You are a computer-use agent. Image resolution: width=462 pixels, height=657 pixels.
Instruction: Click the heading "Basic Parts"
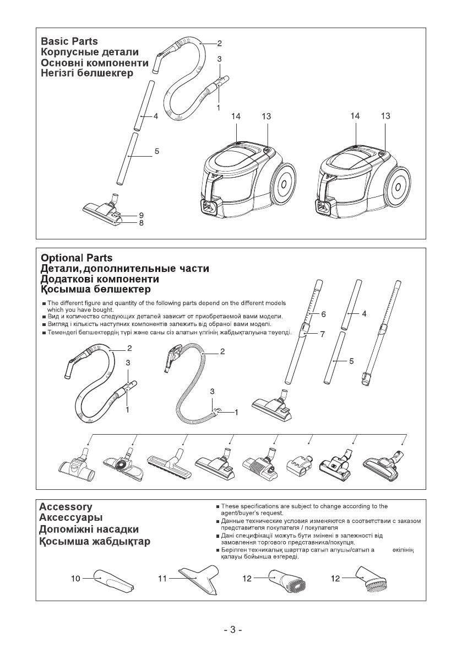click(x=69, y=41)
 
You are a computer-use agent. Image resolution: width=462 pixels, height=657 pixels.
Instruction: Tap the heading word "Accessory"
click(x=66, y=506)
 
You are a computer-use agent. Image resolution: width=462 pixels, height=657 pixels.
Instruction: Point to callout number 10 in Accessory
click(x=76, y=579)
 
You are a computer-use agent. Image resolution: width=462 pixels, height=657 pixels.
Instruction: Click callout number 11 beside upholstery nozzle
click(x=162, y=579)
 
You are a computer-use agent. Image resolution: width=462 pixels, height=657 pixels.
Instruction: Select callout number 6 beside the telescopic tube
click(x=324, y=313)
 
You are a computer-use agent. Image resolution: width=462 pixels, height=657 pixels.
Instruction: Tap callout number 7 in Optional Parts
click(x=324, y=333)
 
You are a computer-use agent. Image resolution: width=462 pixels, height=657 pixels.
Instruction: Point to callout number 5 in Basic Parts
click(x=157, y=151)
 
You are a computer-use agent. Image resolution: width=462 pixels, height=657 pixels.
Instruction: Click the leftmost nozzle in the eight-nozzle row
click(x=77, y=465)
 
